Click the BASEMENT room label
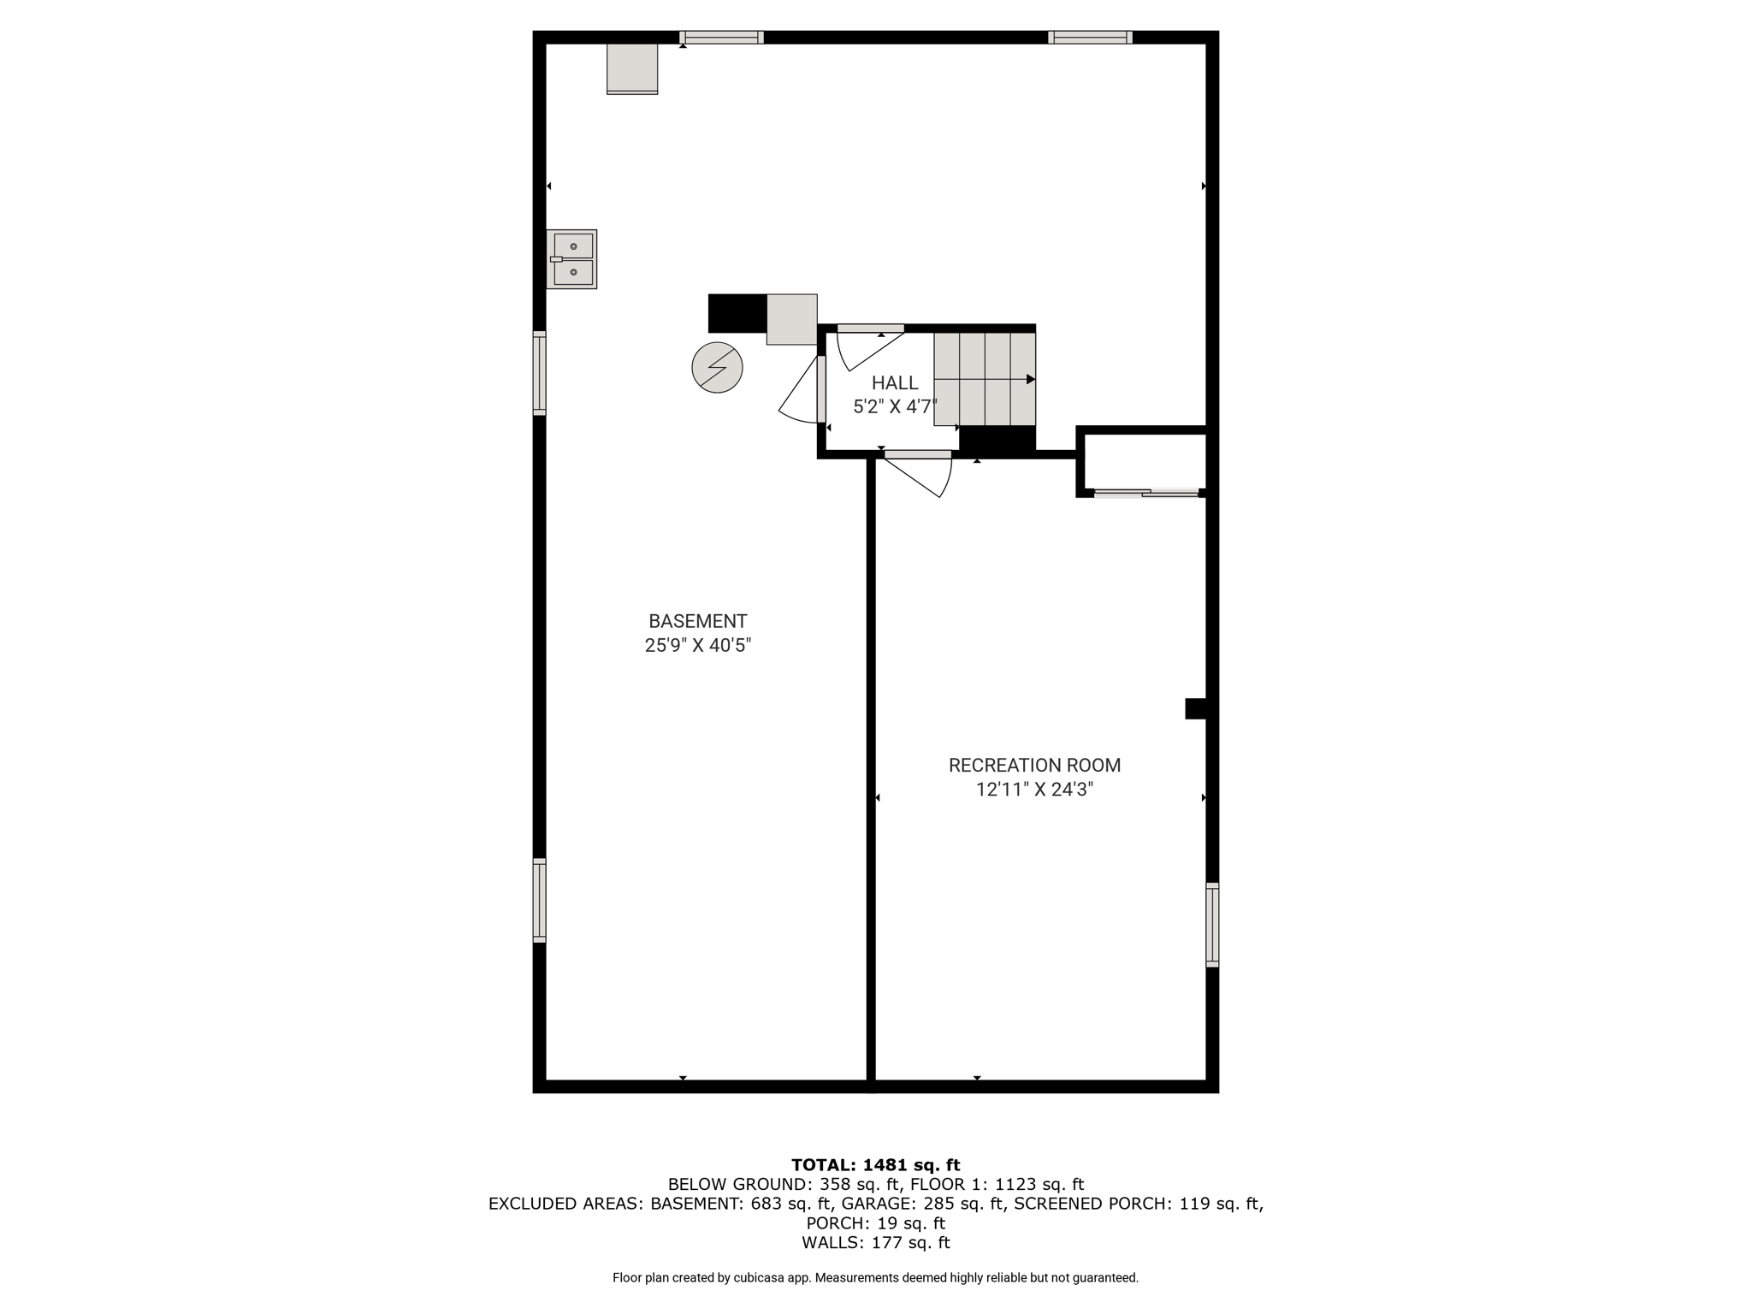tap(697, 621)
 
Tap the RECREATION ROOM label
tap(1034, 765)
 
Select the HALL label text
tap(895, 383)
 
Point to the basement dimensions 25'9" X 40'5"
tap(697, 645)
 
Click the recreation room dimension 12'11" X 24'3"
tap(1034, 789)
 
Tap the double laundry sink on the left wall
tap(571, 259)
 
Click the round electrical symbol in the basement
tap(717, 368)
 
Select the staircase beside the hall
tap(985, 379)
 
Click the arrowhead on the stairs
tap(1031, 379)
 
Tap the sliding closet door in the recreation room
tap(1146, 493)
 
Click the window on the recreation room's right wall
tap(1212, 925)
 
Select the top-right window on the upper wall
tap(1091, 37)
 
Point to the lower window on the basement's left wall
tap(539, 900)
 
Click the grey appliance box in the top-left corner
tap(632, 68)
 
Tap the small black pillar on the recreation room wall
tap(1195, 708)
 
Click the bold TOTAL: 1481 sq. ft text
tap(875, 1164)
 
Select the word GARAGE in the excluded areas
tap(952, 1204)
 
